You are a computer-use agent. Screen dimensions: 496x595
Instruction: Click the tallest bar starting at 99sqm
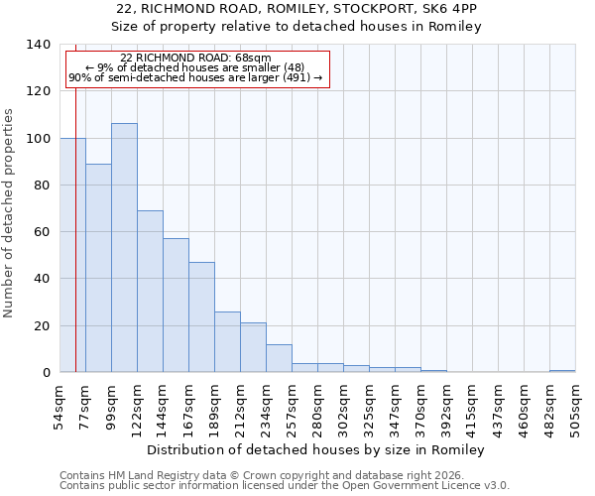tap(124, 248)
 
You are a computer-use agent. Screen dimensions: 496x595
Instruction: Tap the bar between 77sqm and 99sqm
tap(98, 268)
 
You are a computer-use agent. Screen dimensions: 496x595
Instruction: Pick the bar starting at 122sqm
tap(150, 292)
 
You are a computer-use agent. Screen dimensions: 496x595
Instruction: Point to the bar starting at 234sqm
tap(279, 358)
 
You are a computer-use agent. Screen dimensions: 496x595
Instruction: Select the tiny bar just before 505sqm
tap(562, 371)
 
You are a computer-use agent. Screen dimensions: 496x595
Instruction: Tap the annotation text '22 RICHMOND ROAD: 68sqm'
tap(195, 59)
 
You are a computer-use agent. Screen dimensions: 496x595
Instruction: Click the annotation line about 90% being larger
tap(195, 78)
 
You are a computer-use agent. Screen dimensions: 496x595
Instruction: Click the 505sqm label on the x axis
tap(575, 404)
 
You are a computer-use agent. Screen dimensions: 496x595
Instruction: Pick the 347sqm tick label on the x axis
tap(395, 404)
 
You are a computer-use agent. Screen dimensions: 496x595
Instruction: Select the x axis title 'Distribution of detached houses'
tap(315, 449)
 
